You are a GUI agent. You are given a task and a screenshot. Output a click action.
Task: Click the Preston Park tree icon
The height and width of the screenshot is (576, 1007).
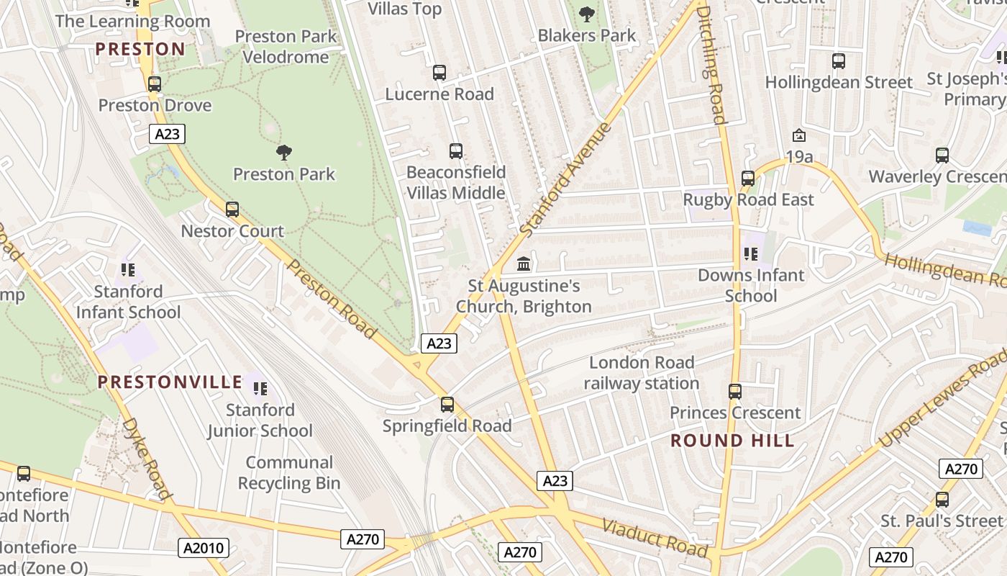[x=284, y=152]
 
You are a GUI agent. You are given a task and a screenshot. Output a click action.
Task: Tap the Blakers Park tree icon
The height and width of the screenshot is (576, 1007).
[x=587, y=13]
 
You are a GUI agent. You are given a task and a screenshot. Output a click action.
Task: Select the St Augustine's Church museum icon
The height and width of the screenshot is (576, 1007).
[x=524, y=264]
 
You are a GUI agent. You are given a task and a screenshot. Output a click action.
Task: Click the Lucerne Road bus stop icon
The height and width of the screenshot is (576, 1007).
[x=439, y=73]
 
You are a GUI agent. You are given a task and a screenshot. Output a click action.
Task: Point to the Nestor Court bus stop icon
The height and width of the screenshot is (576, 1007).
[x=232, y=210]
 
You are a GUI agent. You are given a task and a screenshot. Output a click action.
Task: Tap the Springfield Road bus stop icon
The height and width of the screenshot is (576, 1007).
[x=447, y=405]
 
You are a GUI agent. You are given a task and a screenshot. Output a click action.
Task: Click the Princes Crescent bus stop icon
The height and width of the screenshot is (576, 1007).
[x=734, y=392]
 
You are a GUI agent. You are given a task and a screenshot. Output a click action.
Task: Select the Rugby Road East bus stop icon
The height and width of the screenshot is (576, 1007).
[x=748, y=178]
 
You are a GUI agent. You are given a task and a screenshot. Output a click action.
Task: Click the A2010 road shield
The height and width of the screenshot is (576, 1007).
[x=204, y=549]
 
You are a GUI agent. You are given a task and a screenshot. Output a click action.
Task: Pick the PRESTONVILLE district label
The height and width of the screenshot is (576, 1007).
[x=170, y=382]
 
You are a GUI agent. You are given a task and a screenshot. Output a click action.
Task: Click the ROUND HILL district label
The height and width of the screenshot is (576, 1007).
[x=732, y=441]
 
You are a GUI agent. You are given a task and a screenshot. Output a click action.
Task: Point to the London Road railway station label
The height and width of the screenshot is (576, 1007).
[x=641, y=373]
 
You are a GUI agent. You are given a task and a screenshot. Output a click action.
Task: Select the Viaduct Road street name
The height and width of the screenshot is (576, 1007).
[x=655, y=537]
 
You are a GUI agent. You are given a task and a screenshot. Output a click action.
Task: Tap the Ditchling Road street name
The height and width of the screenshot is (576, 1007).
[x=711, y=65]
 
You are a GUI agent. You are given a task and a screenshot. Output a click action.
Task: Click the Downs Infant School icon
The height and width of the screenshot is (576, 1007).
[x=751, y=253]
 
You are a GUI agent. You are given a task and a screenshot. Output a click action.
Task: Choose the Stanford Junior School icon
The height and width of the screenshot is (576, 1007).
[x=260, y=389]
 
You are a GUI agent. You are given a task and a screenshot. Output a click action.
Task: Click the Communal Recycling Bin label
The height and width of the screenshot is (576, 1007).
[x=289, y=472]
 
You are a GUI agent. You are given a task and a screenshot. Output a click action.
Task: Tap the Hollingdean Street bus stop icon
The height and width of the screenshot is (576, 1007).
[x=838, y=61]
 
